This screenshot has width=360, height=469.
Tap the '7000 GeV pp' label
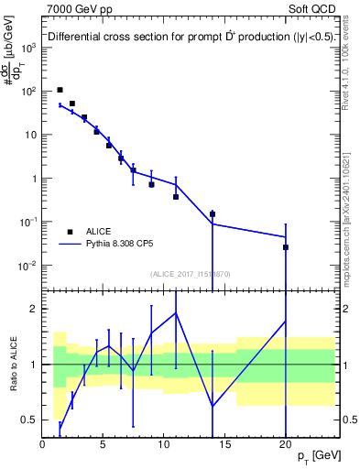click(x=77, y=7)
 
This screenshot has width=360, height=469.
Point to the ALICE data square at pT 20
click(x=286, y=247)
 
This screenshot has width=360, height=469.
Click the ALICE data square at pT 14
click(x=213, y=214)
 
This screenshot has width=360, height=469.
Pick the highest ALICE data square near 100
click(x=60, y=90)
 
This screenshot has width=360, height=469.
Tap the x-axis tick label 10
click(x=164, y=444)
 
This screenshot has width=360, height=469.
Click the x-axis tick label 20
click(x=286, y=444)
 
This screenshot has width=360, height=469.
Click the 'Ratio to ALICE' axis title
click(x=13, y=365)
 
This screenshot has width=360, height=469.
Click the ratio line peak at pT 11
click(x=176, y=313)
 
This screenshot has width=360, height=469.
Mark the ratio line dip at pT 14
click(x=213, y=406)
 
